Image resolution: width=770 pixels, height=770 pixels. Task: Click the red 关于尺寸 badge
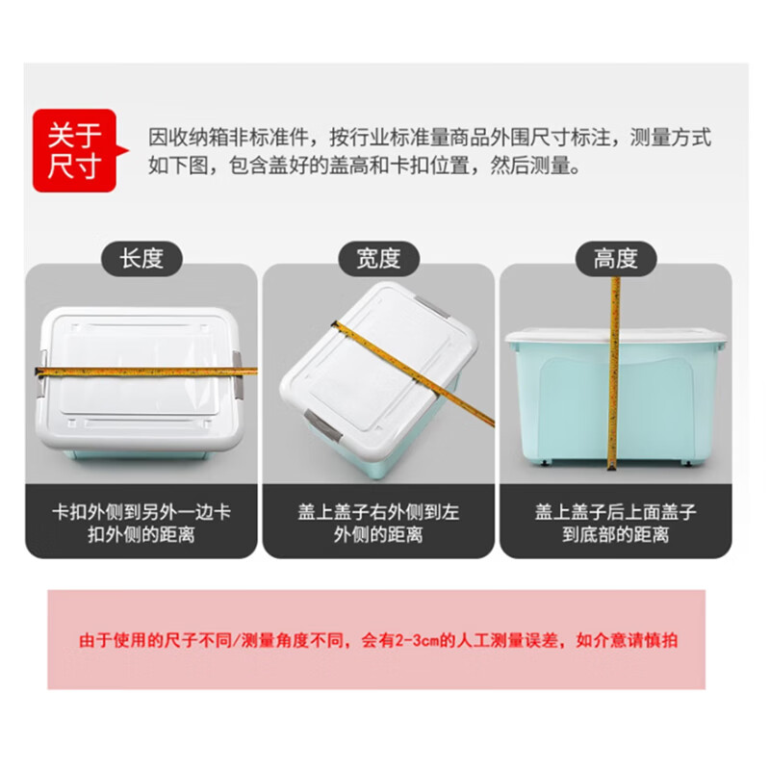tap(75, 152)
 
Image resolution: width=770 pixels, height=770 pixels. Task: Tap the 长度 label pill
tap(141, 258)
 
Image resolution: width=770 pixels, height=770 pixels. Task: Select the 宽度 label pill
tap(377, 258)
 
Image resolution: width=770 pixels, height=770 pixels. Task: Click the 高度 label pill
tap(615, 258)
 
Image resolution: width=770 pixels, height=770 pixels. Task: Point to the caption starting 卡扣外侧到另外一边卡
tap(141, 523)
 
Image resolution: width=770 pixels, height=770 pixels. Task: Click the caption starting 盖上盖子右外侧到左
tap(378, 523)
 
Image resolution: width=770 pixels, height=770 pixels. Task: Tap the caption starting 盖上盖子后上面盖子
tap(615, 523)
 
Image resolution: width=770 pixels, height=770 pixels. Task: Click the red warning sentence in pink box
tap(377, 640)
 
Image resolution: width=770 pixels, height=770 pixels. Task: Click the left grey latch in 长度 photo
tap(42, 375)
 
